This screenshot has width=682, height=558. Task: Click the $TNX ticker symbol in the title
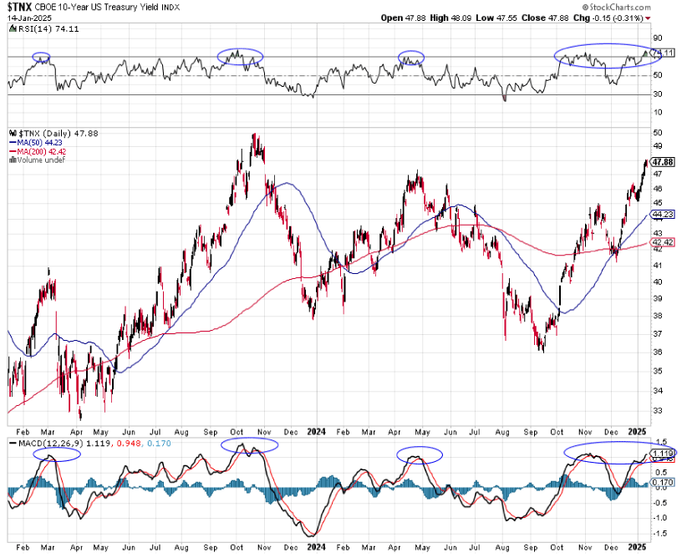click(20, 8)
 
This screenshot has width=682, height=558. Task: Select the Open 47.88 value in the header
click(404, 17)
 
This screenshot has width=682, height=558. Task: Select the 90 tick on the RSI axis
click(658, 38)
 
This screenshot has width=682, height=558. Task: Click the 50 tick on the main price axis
click(658, 132)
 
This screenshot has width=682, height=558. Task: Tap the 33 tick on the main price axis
click(658, 411)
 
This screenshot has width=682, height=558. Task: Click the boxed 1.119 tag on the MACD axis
click(663, 452)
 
